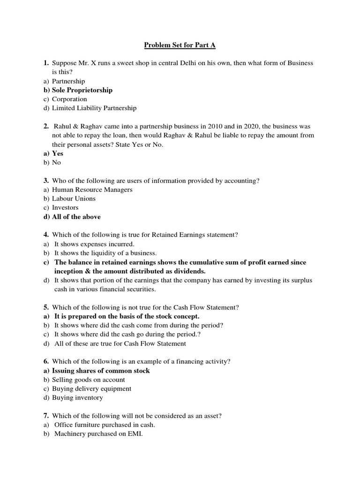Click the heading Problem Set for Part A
tap(180, 45)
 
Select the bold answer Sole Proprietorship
tap(82, 90)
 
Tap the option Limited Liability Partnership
tap(94, 108)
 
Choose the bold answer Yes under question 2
tap(57, 153)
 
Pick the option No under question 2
tap(56, 162)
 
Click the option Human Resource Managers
tap(92, 189)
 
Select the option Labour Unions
tap(74, 198)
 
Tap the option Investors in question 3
tap(65, 207)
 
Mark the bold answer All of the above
tap(76, 217)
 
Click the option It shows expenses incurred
tap(94, 244)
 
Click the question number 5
tap(46, 307)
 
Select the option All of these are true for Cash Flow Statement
tap(120, 344)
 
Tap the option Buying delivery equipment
tap(91, 389)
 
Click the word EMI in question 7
tap(134, 434)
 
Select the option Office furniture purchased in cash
tap(105, 425)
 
